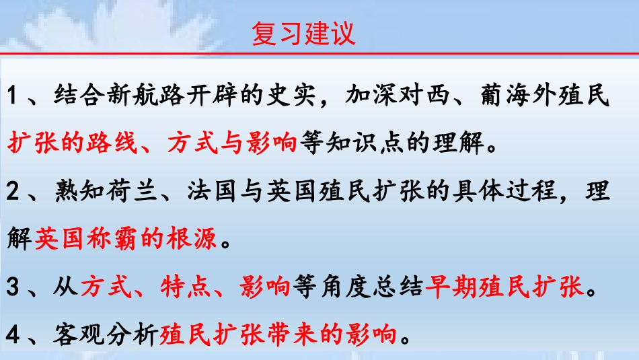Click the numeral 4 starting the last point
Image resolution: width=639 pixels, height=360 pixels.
tap(15, 335)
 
